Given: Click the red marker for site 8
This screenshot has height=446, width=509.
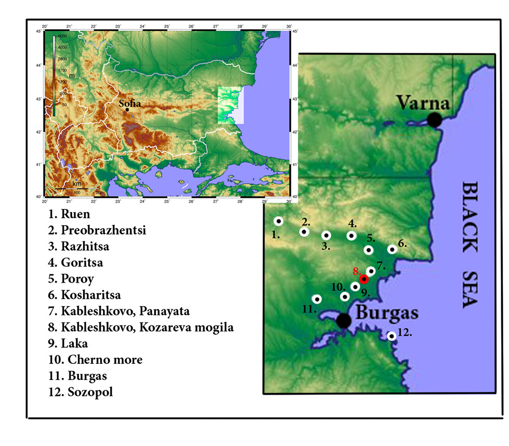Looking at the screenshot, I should click(x=364, y=279).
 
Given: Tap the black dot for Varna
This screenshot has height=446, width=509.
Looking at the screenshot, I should click(x=434, y=120).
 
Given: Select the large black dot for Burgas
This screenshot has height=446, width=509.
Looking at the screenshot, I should click(x=343, y=320).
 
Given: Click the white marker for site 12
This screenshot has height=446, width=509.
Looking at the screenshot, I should click(x=391, y=336).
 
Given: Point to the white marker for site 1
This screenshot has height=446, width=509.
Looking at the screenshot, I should click(x=279, y=221).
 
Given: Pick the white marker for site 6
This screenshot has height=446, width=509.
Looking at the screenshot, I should click(x=392, y=249).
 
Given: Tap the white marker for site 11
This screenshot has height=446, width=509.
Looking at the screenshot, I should click(x=317, y=299).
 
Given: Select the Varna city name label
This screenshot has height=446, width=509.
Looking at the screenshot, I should click(x=423, y=102).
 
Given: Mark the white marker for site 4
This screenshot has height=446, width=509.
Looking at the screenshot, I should click(x=351, y=236).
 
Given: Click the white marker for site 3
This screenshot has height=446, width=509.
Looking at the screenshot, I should click(x=326, y=236).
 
